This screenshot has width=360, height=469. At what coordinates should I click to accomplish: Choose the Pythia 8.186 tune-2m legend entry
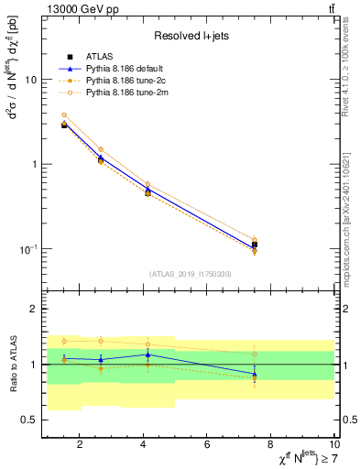pyautogui.click(x=115, y=93)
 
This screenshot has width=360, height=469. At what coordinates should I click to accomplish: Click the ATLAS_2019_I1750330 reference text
pyautogui.click(x=190, y=274)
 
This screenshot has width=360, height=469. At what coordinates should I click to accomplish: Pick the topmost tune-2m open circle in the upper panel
pyautogui.click(x=64, y=115)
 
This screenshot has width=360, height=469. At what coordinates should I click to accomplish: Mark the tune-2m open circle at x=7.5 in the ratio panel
pyautogui.click(x=255, y=354)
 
